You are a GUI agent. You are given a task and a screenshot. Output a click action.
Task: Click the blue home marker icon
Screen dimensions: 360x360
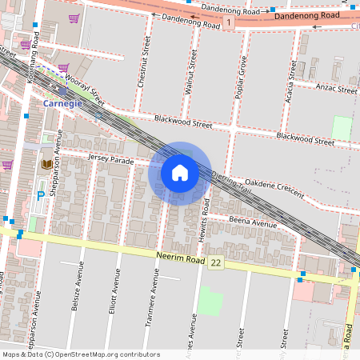click(x=180, y=173)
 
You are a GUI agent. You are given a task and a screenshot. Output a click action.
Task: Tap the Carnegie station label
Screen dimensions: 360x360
click(x=62, y=104)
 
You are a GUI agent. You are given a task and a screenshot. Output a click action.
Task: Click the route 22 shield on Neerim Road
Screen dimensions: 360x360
click(x=216, y=262)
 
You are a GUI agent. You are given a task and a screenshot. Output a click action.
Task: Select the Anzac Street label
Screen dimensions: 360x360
click(x=336, y=90)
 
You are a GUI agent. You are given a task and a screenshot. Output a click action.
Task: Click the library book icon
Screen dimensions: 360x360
click(x=46, y=164)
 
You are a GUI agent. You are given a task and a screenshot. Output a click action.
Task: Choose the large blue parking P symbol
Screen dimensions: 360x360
click(x=41, y=196)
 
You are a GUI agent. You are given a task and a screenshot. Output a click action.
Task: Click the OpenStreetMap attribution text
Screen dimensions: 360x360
click(x=82, y=354)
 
